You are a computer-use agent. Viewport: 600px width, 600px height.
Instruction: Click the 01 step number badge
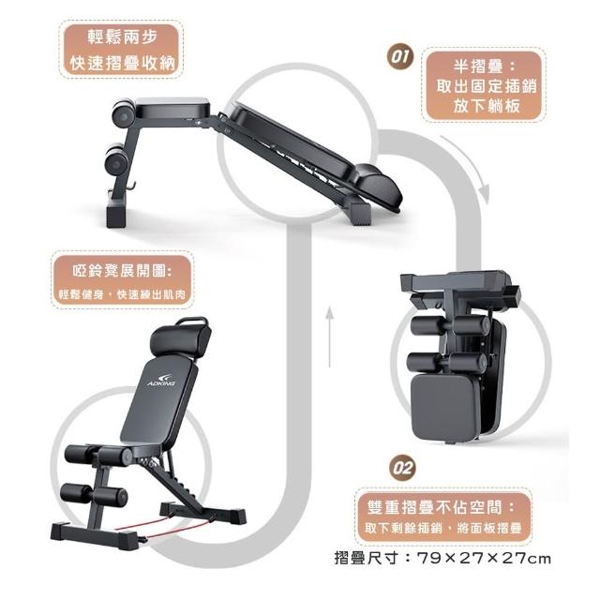point(400,57)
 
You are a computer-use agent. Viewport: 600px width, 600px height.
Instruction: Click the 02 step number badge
point(402,468)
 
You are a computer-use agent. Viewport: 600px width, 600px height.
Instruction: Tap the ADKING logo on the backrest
point(161,380)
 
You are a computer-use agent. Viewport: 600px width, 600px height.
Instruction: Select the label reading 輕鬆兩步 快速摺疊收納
point(122,50)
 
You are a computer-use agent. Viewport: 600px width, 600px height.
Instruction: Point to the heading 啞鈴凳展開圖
point(122,271)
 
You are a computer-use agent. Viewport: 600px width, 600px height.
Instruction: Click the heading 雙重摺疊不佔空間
point(441,507)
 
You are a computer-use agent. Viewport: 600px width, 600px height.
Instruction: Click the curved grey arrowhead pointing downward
point(485,193)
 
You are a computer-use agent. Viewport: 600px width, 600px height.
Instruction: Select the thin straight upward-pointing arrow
point(329,336)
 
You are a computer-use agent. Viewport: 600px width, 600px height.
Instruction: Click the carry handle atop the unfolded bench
point(192,321)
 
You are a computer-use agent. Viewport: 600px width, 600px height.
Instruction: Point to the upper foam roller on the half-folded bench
point(123,110)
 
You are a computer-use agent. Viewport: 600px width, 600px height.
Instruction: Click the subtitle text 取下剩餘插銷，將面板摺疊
point(443,528)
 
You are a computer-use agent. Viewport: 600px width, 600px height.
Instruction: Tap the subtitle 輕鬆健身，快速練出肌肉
point(122,294)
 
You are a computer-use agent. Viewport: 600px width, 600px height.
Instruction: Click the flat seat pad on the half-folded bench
point(172,108)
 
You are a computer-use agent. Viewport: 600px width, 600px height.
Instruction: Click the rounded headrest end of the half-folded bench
point(378,187)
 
